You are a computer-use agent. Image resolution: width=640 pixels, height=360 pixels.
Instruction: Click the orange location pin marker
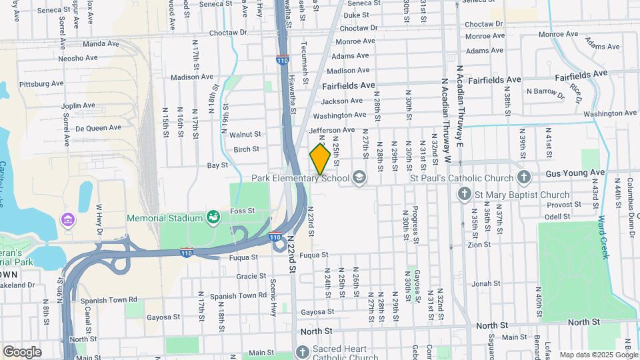coord(320,159)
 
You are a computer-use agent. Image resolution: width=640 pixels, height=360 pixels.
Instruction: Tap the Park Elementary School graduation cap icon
coord(360,178)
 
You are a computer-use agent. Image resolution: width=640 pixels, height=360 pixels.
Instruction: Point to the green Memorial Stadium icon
coord(213,217)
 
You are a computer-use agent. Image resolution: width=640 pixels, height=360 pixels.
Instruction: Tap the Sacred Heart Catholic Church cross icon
coord(302,351)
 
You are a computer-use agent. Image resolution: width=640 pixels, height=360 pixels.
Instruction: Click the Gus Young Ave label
coord(575,173)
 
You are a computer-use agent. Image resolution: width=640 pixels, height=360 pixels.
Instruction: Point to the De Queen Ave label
coord(99,127)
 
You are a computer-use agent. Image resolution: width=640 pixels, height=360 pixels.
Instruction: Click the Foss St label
coord(243,211)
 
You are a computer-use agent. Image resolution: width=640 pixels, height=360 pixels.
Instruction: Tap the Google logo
coord(23,351)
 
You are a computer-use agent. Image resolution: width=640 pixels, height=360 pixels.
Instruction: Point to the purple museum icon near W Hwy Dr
coord(67,219)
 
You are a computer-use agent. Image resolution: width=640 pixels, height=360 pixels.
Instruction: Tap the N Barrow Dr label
coord(545,91)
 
